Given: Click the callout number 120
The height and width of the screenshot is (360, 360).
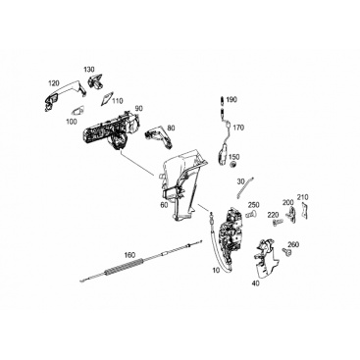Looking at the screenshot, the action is tap(54, 82).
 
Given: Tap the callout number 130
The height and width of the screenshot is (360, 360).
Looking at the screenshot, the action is tap(89, 70).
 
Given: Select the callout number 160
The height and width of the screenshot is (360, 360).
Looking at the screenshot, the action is tap(130, 254).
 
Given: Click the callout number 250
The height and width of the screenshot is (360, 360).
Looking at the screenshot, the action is tap(253, 205).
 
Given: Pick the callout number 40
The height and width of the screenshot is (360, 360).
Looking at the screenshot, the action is tap(256, 283).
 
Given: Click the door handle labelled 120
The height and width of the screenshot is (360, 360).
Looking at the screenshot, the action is tap(65, 95).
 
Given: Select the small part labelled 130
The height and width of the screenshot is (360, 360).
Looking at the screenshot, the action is tap(95, 80).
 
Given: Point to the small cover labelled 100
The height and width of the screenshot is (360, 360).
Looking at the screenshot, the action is tap(77, 111).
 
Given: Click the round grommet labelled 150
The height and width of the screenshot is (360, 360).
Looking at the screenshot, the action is tap(233, 164).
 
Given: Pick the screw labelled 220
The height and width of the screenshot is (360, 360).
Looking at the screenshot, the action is tap(276, 224).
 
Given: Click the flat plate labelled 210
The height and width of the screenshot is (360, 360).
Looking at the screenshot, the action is tap(304, 210).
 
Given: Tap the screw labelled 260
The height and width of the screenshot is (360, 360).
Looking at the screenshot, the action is tap(286, 251).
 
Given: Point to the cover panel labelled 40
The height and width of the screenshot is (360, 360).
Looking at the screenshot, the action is tap(266, 257).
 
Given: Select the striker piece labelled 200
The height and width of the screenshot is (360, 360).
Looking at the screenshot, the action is tap(291, 214).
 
